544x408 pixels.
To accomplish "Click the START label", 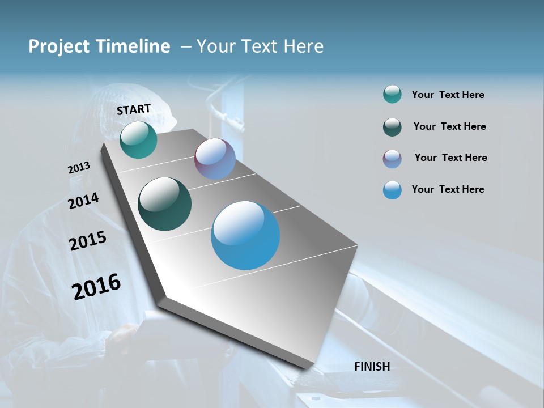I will pyautogui.click(x=134, y=109).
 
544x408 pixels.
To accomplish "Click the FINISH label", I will pyautogui.click(x=372, y=367).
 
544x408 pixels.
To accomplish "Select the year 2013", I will pyautogui.click(x=79, y=168).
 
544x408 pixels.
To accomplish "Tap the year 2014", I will pyautogui.click(x=84, y=201).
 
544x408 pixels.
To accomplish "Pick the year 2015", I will pyautogui.click(x=88, y=241).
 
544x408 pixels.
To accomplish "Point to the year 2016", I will pyautogui.click(x=96, y=287).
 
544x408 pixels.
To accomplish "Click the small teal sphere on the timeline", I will pyautogui.click(x=138, y=140).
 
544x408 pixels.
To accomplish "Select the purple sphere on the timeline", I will pyautogui.click(x=215, y=159).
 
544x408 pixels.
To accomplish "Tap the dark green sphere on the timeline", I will pyautogui.click(x=164, y=204).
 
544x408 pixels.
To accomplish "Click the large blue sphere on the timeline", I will pyautogui.click(x=245, y=235).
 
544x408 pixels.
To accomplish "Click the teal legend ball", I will pyautogui.click(x=392, y=95).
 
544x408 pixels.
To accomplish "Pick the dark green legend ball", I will pyautogui.click(x=392, y=127).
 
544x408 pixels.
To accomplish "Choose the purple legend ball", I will pyautogui.click(x=392, y=159).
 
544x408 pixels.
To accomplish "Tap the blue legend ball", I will pyautogui.click(x=392, y=190).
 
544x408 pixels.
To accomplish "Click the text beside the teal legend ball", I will pyautogui.click(x=448, y=95).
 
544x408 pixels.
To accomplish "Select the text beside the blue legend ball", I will pyautogui.click(x=448, y=189).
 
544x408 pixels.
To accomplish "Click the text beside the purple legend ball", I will pyautogui.click(x=450, y=158).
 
